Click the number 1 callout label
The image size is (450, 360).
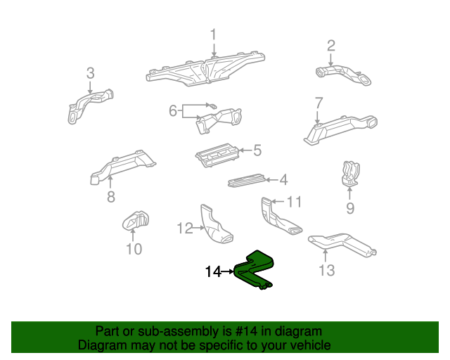214,34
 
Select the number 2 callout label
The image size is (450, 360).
330,46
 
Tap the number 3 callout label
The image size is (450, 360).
90,72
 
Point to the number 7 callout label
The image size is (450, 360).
319,102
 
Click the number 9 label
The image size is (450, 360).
349,208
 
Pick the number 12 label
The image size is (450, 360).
184,228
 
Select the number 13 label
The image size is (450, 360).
327,269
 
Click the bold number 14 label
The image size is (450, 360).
213,271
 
